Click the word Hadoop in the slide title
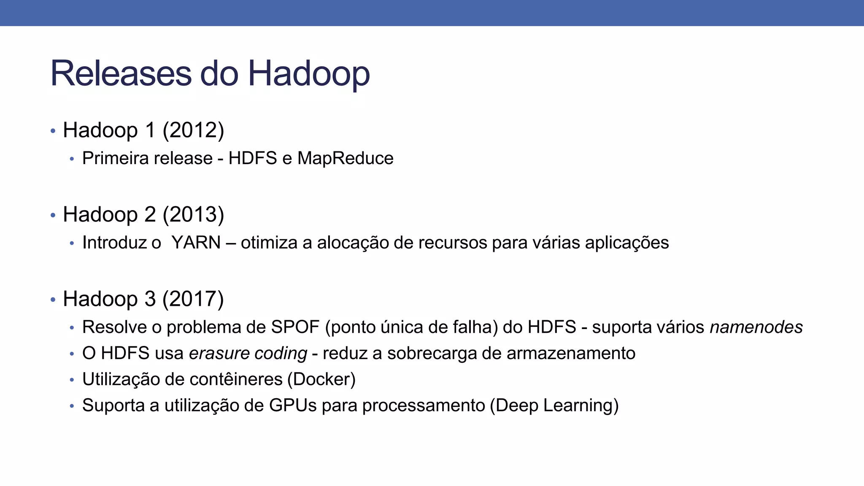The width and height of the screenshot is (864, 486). coord(308,74)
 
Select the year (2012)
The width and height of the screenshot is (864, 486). coord(193,130)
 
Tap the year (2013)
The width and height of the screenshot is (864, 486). coord(193,214)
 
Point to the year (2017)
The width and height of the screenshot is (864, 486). coord(193,299)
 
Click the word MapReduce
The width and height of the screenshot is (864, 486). coord(345,158)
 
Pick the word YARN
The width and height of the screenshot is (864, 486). coord(196,243)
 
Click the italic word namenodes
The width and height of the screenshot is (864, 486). coord(756,327)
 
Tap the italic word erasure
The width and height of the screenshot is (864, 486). coord(219,353)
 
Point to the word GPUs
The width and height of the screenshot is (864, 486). coord(293,405)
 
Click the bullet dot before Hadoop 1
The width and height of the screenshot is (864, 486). coord(53,131)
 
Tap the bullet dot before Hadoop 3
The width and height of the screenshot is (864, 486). coord(53,300)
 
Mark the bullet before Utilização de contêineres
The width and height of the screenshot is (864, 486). coord(72,380)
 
